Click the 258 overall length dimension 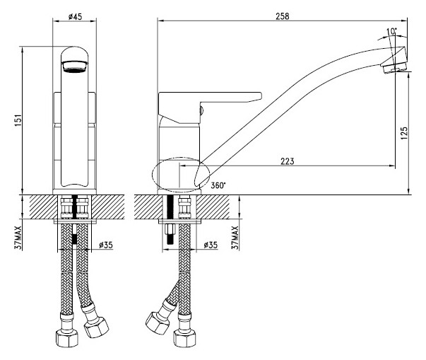click(283, 16)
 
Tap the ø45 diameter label click(75, 16)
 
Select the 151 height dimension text click(18, 120)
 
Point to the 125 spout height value click(403, 133)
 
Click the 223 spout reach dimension click(287, 161)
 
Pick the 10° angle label click(391, 32)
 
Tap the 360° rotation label click(218, 185)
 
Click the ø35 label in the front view click(106, 245)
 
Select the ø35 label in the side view click(211, 245)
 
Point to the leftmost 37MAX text click(18, 238)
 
